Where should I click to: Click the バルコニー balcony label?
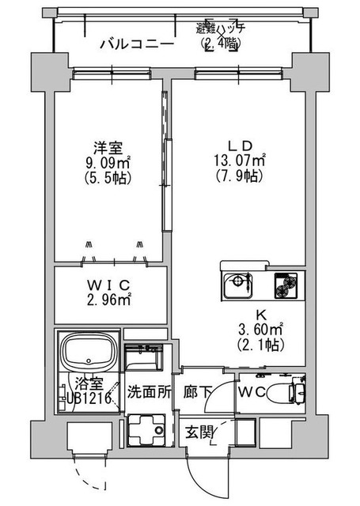click(136, 43)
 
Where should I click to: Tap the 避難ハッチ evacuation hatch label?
click(222, 28)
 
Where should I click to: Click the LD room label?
click(240, 146)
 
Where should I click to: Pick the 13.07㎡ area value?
click(240, 161)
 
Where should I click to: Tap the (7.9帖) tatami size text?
click(240, 176)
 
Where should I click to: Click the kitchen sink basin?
click(236, 284)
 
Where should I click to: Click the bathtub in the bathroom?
click(89, 350)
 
